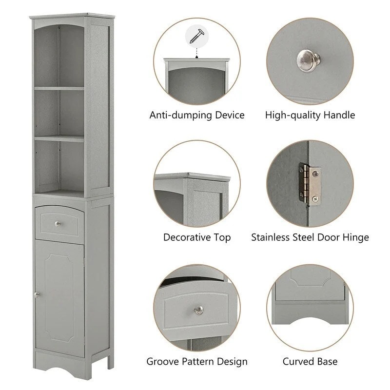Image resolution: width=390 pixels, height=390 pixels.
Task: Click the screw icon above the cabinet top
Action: pyautogui.click(x=197, y=36)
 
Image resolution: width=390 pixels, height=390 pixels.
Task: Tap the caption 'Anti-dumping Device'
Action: pyautogui.click(x=197, y=116)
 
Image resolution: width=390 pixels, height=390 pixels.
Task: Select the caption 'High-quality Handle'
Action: pyautogui.click(x=310, y=116)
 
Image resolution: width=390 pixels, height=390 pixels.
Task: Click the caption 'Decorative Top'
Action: pyautogui.click(x=197, y=238)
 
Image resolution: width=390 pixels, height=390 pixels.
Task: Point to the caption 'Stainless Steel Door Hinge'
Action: pyautogui.click(x=310, y=238)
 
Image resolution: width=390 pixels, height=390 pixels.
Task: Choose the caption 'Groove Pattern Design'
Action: pyautogui.click(x=197, y=362)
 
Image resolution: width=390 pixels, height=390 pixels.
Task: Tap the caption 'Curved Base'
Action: pyautogui.click(x=310, y=362)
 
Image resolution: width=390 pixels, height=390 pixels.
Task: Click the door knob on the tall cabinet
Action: pyautogui.click(x=36, y=294)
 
